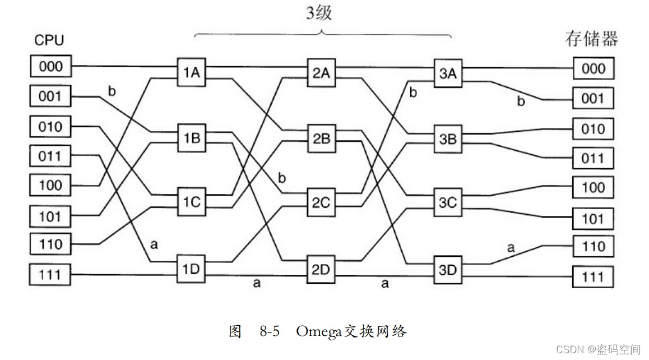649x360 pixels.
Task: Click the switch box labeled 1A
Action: tap(191, 72)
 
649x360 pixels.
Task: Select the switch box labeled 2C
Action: tap(321, 202)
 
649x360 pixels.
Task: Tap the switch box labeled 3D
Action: tap(448, 270)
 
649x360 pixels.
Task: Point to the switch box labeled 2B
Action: tap(321, 139)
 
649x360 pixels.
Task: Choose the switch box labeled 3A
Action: tap(448, 74)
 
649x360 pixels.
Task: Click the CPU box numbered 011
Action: tap(50, 155)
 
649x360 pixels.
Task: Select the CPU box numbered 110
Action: tap(50, 244)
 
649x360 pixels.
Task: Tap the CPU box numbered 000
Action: tap(50, 67)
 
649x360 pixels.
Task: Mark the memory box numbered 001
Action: tap(593, 98)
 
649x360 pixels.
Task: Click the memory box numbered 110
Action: tap(593, 247)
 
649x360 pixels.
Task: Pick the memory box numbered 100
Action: tap(593, 187)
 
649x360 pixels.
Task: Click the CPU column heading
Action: tap(49, 40)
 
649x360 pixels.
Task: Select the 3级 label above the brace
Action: tap(319, 12)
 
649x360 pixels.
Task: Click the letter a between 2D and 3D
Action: tap(384, 283)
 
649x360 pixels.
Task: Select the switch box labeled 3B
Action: tap(448, 139)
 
